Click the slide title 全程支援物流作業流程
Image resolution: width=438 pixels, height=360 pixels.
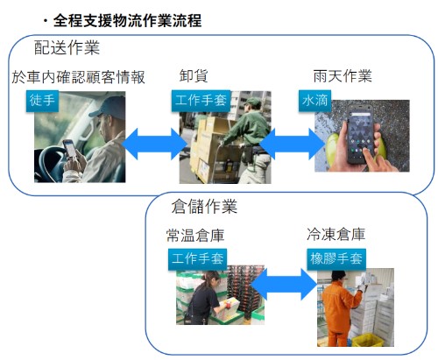127,21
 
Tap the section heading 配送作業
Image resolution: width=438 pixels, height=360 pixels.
67,47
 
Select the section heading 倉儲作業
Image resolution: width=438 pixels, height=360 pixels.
204,206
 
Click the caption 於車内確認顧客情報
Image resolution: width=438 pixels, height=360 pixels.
78,77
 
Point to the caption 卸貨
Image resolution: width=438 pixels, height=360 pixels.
194,76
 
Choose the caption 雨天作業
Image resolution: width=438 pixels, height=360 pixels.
343,76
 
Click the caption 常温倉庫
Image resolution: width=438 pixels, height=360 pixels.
195,235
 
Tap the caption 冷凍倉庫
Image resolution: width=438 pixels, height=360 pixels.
336,234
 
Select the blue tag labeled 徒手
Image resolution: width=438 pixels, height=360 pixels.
42,101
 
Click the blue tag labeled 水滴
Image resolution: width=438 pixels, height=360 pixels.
314,101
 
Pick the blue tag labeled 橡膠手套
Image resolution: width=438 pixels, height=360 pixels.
336,259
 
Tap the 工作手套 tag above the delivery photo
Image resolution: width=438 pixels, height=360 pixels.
201,101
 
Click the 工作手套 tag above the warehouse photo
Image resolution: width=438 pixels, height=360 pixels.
198,259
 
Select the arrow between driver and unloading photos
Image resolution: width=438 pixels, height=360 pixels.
154,144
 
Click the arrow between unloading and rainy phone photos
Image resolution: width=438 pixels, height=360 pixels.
292,144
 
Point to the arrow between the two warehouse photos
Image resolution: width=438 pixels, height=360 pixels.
284,284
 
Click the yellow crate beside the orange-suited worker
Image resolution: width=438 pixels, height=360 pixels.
368,340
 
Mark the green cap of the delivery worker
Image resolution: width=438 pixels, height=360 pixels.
253,102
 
